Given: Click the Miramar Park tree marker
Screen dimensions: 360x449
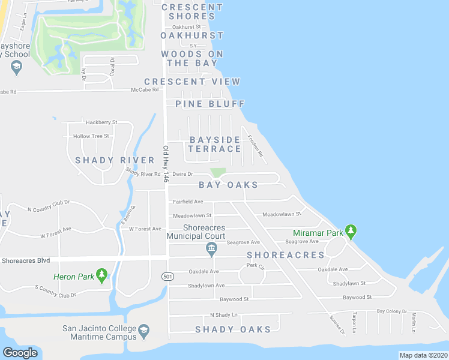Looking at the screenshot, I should coord(351,230).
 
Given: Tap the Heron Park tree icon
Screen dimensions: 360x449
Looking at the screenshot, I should coord(102,275).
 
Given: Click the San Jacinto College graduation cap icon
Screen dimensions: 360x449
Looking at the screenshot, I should coord(144,331).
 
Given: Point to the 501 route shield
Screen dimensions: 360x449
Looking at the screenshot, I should coord(167,276).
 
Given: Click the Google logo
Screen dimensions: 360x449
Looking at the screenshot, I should coord(20,353).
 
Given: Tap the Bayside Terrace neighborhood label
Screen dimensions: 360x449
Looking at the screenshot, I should coord(215,144).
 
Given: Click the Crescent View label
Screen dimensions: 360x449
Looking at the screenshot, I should coord(192,82).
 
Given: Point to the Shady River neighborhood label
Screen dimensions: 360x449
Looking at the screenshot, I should coord(115,160).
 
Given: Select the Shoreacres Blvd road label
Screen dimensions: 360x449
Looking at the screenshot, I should coord(26,260).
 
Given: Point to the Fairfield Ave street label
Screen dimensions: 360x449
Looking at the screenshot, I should coord(188,202).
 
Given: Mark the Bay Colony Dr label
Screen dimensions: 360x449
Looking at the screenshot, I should coord(391,311).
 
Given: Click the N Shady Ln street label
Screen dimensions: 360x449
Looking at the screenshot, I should coord(223,315).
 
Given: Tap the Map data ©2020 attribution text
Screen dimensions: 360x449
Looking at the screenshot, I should coord(423,355).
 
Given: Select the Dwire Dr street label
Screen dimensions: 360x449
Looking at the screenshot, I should coord(182,174).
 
